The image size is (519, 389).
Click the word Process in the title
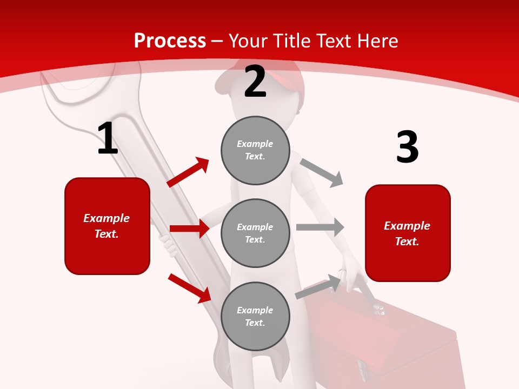coord(170,41)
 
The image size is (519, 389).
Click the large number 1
coord(108,139)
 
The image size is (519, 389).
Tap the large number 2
coord(255,82)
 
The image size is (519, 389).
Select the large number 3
coord(407,147)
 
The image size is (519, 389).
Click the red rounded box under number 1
coord(107,226)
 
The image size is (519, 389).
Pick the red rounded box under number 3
coord(408,233)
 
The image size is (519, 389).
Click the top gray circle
coord(255,150)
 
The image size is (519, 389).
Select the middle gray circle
coord(255,233)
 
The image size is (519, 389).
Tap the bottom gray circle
coord(255,316)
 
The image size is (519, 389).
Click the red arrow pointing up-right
coord(188,172)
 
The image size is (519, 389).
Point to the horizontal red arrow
coord(189,229)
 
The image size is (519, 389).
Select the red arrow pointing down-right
coord(189,288)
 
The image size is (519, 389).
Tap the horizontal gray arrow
coord(320,227)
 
